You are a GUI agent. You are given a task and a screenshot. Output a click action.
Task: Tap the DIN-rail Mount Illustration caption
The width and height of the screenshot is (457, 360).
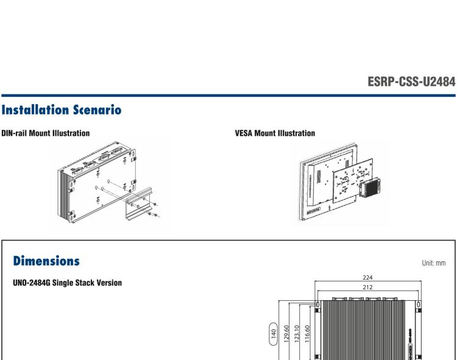point(45,133)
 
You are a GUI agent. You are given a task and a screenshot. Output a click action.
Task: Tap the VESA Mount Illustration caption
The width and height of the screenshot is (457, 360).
point(275,133)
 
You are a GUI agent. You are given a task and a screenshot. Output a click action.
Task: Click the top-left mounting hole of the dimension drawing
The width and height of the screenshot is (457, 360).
point(317,304)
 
